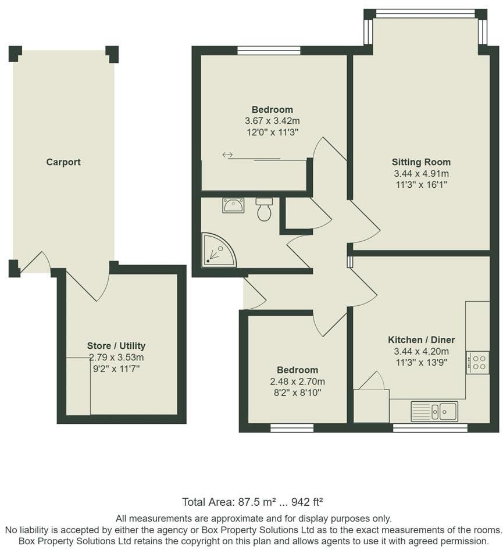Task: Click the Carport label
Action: tap(63, 162)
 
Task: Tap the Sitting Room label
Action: tap(421, 162)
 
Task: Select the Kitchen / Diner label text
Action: tap(421, 340)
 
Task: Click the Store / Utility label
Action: tap(116, 345)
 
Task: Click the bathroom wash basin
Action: tap(233, 205)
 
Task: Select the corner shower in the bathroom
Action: tap(216, 251)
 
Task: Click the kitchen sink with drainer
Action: tap(434, 411)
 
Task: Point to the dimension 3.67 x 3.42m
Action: tap(272, 121)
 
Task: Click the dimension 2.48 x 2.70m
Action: tap(297, 381)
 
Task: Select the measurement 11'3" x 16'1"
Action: tap(421, 184)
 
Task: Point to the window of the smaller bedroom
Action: tap(292, 428)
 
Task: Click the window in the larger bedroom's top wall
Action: tap(269, 50)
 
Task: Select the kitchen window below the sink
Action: tap(430, 428)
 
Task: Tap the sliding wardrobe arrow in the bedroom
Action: tap(227, 155)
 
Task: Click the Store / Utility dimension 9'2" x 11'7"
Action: tap(116, 369)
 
